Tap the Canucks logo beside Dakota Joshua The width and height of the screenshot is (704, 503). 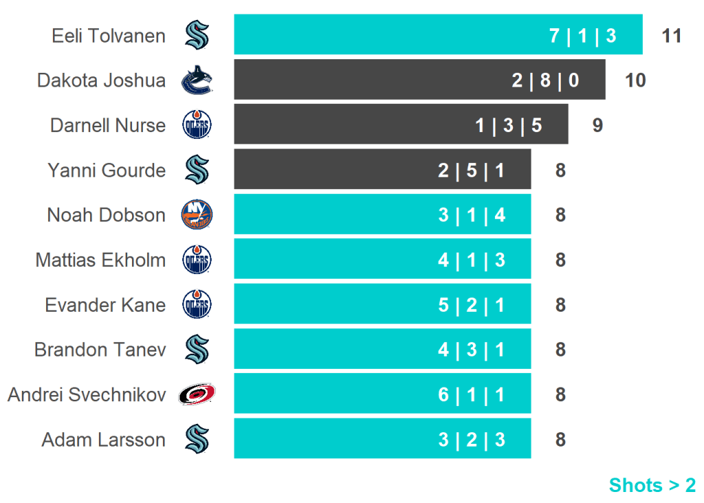[197, 81]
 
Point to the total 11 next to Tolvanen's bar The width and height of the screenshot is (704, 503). [671, 36]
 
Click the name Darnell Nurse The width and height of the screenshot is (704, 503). [108, 126]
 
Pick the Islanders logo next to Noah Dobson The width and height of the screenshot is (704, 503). [197, 215]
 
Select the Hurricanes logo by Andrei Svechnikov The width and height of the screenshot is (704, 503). [197, 394]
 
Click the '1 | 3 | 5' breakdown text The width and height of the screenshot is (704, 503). [509, 126]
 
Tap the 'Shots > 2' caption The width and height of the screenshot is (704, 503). [652, 485]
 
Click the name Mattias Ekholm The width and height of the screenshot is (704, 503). [100, 260]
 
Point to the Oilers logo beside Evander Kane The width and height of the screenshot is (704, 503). [197, 305]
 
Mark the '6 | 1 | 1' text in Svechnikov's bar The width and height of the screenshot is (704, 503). [472, 394]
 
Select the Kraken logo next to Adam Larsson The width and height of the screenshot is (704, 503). [197, 439]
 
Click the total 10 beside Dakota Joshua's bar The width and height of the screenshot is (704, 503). [635, 81]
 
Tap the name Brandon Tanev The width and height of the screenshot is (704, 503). [100, 350]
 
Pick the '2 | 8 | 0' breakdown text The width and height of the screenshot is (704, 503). [545, 81]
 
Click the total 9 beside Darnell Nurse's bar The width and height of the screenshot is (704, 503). [597, 126]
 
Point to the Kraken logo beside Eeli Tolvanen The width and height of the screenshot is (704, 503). [197, 35]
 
